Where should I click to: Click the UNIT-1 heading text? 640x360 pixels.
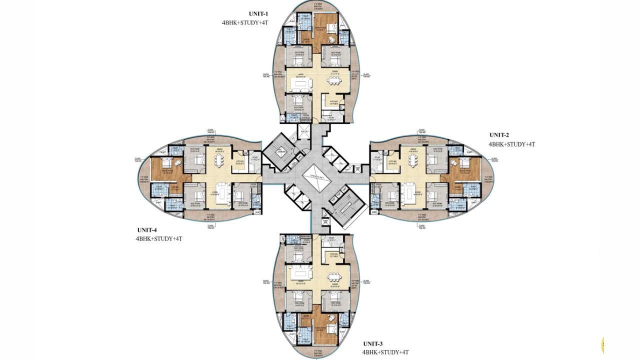click(x=259, y=13)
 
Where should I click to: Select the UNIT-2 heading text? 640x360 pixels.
click(x=499, y=135)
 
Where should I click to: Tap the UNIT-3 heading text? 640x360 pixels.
click(x=373, y=343)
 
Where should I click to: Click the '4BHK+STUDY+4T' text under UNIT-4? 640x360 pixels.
click(x=158, y=238)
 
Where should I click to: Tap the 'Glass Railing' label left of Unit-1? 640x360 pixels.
click(x=266, y=75)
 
